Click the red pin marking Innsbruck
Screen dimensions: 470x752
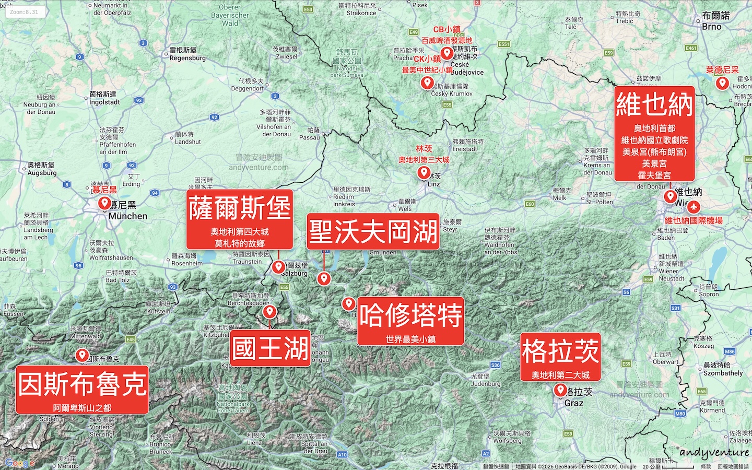pos(81,356)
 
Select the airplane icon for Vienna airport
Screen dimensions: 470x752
pos(694,206)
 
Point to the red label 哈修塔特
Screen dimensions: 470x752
pos(411,315)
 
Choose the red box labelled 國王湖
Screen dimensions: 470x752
pos(271,348)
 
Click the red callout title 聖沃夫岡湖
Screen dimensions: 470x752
pos(373,231)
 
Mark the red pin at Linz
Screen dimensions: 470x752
pos(424,172)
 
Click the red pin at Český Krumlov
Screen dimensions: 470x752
pos(427,83)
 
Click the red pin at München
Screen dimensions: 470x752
pos(104,203)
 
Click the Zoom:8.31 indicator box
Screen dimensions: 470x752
pos(25,11)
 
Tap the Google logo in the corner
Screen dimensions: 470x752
pos(19,463)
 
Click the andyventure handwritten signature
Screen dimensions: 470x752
pos(714,452)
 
